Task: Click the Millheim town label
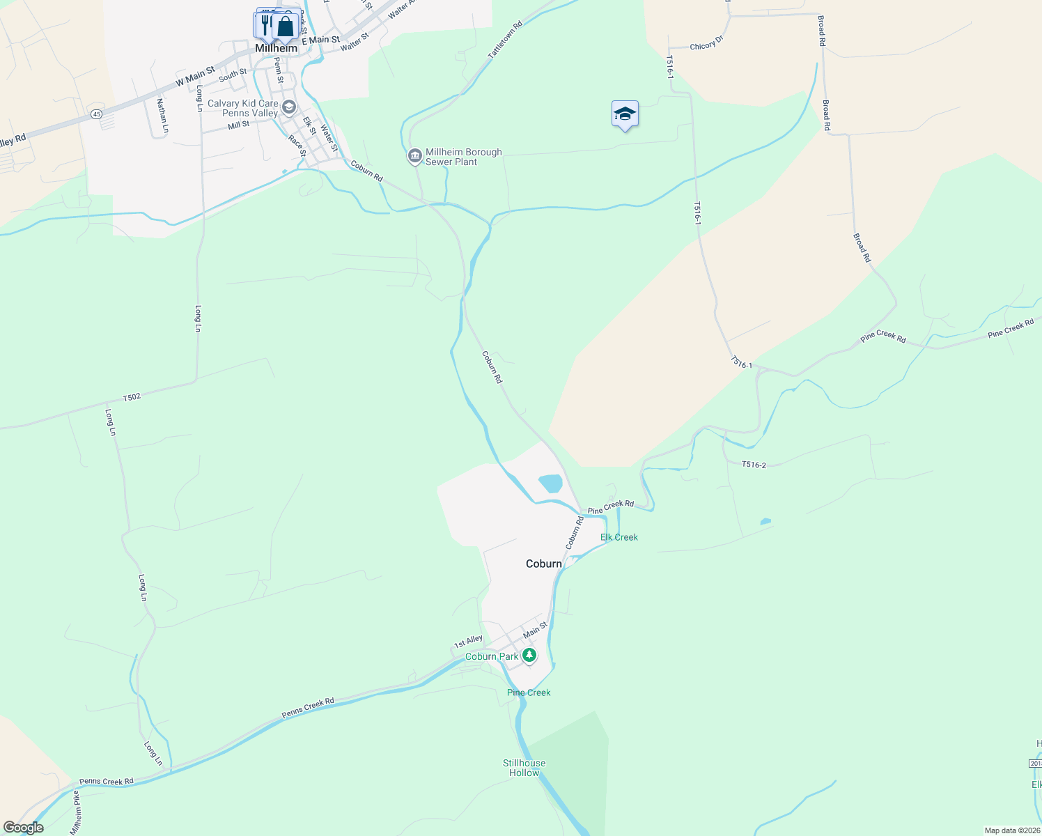[276, 49]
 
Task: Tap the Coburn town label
[543, 564]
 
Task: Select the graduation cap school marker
[625, 114]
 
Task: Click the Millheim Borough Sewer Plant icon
[415, 156]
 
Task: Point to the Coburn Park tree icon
[529, 656]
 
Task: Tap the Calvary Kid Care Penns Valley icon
[289, 107]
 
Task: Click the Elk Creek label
[619, 537]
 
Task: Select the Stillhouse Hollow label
[524, 768]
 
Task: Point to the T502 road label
[132, 397]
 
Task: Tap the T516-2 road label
[754, 465]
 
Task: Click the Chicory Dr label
[706, 45]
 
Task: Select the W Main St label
[195, 77]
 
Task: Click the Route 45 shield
[96, 114]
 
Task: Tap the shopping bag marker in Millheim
[286, 26]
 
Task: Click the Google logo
[23, 828]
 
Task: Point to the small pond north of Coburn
[550, 483]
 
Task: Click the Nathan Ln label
[162, 116]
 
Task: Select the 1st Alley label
[468, 642]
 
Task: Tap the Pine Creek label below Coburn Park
[529, 692]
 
